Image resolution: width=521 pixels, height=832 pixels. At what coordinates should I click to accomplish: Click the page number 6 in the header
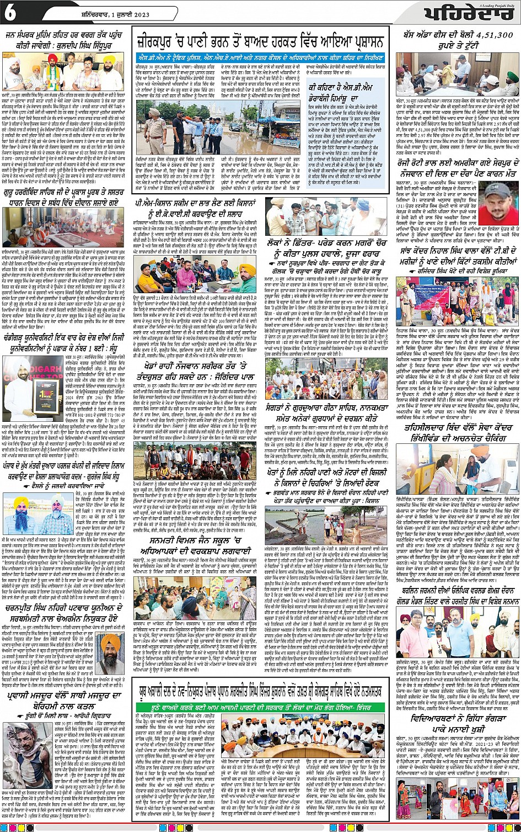pyautogui.click(x=9, y=14)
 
